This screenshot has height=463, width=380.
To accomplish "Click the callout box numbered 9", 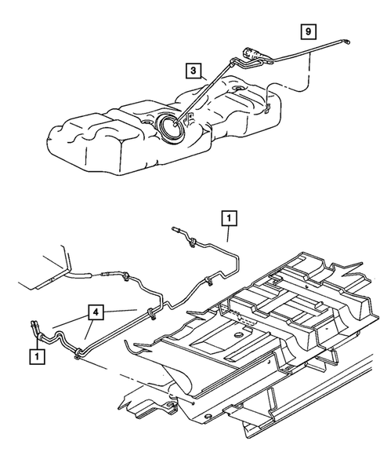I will pos(308,31).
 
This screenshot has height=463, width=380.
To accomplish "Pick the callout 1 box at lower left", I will pos(36,355).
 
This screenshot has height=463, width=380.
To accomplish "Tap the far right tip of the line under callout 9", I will pos(348,42).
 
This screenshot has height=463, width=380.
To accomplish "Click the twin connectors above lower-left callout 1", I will pos(36,327).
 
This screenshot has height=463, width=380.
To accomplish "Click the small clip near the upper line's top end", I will pos(190,246).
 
